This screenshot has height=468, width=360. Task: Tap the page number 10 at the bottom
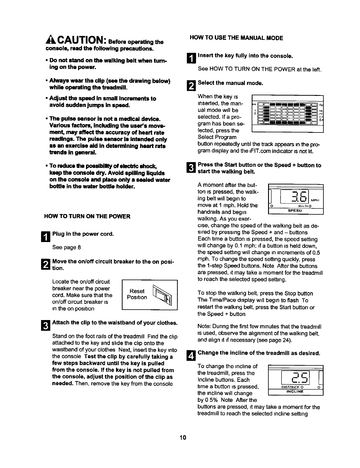coord(183,437)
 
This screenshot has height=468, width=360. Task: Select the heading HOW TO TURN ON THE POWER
coord(87,216)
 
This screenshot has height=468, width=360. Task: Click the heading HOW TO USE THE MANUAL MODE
coord(236,38)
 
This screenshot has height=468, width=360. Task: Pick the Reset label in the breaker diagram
coord(137,291)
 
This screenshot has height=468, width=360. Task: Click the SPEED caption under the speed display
coord(295,211)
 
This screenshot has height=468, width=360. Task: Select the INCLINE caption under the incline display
coord(295,392)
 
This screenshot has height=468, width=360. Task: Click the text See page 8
coord(66,247)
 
